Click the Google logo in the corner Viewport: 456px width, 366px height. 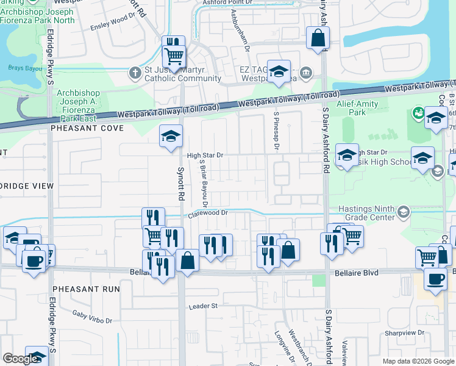(20, 359)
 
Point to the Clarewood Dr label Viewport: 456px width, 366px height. (207, 213)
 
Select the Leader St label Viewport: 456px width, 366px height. (203, 306)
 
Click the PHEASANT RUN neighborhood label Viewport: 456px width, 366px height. (86, 288)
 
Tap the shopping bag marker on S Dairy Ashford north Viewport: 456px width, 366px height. (318, 38)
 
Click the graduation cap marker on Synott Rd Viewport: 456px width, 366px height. (171, 136)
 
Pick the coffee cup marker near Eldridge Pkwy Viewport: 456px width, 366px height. (34, 260)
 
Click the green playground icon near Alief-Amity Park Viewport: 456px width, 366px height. (419, 113)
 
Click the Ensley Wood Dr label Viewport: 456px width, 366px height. (112, 27)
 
